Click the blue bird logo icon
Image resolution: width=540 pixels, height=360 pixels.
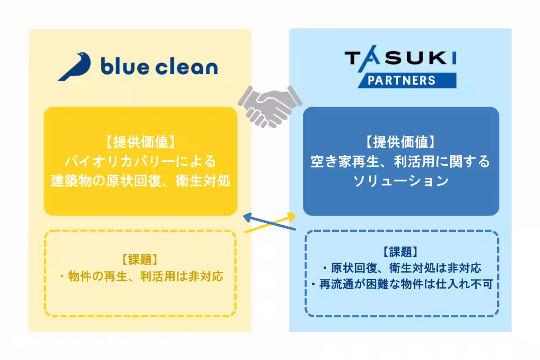(x=75, y=67)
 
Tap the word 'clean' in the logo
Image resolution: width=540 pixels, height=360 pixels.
(x=187, y=65)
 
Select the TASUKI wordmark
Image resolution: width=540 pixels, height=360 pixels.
(x=400, y=58)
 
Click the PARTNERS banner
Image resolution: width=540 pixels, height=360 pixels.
(x=407, y=80)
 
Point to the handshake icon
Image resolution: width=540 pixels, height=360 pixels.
(x=270, y=107)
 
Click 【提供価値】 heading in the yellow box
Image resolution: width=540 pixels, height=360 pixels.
(x=140, y=142)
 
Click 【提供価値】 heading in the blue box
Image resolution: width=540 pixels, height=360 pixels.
(x=400, y=142)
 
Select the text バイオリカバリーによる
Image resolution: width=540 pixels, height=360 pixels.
(x=140, y=161)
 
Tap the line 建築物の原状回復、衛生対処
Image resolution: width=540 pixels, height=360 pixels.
(x=140, y=180)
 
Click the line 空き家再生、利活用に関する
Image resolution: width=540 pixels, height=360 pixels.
(x=400, y=161)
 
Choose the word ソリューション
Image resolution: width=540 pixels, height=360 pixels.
(x=400, y=180)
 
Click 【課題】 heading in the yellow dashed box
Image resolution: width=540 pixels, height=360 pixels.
(x=140, y=260)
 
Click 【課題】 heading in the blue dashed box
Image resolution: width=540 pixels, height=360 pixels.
(x=400, y=252)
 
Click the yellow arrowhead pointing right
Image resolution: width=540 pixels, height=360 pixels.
(x=292, y=217)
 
